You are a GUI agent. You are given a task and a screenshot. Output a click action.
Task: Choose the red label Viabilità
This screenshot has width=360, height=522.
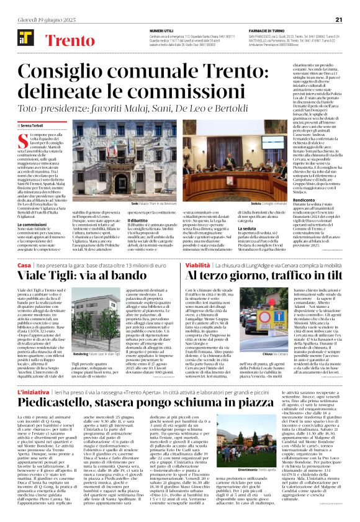pos(197,264)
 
